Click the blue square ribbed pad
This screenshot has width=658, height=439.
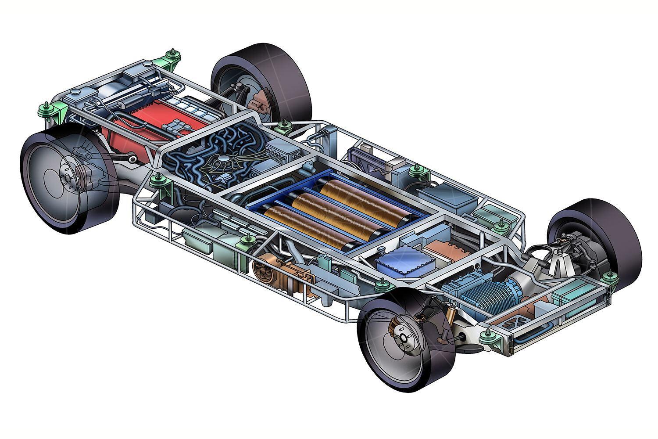398,262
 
